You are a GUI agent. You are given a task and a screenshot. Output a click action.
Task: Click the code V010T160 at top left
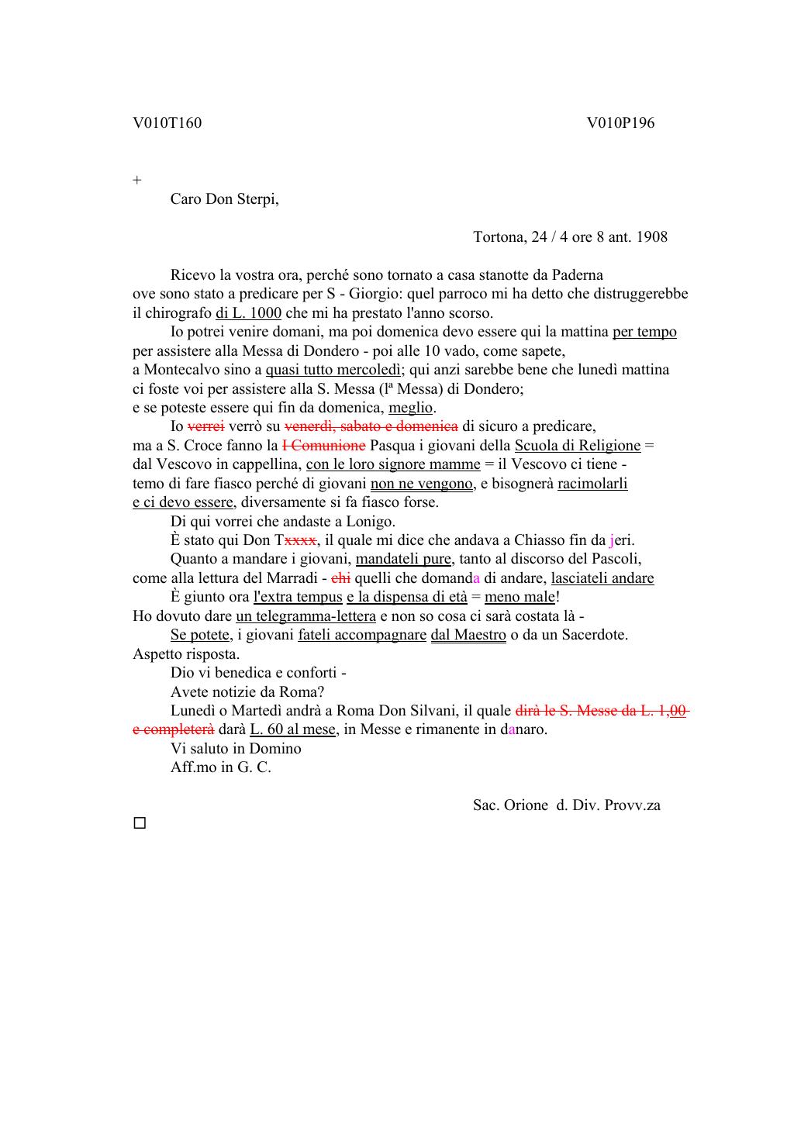[167, 123]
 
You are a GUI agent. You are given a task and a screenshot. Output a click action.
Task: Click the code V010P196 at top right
[620, 123]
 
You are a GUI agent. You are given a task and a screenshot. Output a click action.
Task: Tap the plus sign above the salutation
[137, 181]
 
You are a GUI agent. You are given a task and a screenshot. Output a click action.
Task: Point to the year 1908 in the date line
[651, 237]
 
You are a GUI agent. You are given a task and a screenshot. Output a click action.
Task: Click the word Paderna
[576, 275]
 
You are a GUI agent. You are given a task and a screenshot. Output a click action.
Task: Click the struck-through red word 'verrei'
[206, 426]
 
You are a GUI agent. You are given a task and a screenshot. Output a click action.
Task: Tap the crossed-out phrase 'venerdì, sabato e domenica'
[371, 426]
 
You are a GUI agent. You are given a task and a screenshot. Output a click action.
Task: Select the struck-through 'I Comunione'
[323, 446]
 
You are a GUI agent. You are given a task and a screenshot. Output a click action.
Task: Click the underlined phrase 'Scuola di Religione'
[577, 446]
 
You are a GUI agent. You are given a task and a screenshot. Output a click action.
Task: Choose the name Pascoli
[616, 559]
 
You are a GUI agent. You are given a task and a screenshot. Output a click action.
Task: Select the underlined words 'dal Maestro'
[468, 635]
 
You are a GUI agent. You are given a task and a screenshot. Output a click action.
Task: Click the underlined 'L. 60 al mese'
[293, 729]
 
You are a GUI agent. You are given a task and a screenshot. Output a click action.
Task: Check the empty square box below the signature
[140, 823]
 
